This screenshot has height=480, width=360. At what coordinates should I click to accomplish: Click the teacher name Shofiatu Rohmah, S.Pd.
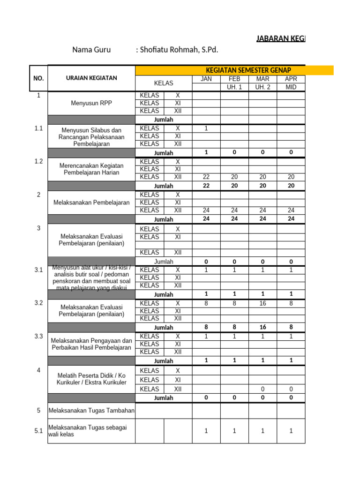177,50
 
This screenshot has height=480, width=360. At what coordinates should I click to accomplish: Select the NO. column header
38,78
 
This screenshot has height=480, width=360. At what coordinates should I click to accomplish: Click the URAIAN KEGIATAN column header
91,78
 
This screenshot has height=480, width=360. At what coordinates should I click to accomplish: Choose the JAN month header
206,79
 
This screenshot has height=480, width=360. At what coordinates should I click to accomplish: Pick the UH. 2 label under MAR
262,87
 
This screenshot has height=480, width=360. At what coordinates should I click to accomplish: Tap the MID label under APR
291,87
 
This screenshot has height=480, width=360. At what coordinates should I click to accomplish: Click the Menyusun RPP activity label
91,103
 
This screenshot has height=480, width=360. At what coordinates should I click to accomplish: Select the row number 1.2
38,161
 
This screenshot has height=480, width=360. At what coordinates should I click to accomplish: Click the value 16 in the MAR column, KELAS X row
262,303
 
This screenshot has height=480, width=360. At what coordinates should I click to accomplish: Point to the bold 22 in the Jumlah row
206,186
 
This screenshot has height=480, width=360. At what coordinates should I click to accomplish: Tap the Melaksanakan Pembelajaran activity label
91,202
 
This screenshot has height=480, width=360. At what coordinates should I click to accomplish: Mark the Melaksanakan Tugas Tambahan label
91,411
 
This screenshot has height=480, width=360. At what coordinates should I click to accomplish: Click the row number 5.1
38,431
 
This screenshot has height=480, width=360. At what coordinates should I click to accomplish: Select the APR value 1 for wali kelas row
291,431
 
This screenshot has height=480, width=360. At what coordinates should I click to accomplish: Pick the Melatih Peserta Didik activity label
91,379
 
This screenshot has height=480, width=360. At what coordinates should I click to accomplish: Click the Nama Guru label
91,50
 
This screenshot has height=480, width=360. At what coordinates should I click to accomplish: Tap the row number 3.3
38,337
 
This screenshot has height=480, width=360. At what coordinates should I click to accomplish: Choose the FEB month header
234,79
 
